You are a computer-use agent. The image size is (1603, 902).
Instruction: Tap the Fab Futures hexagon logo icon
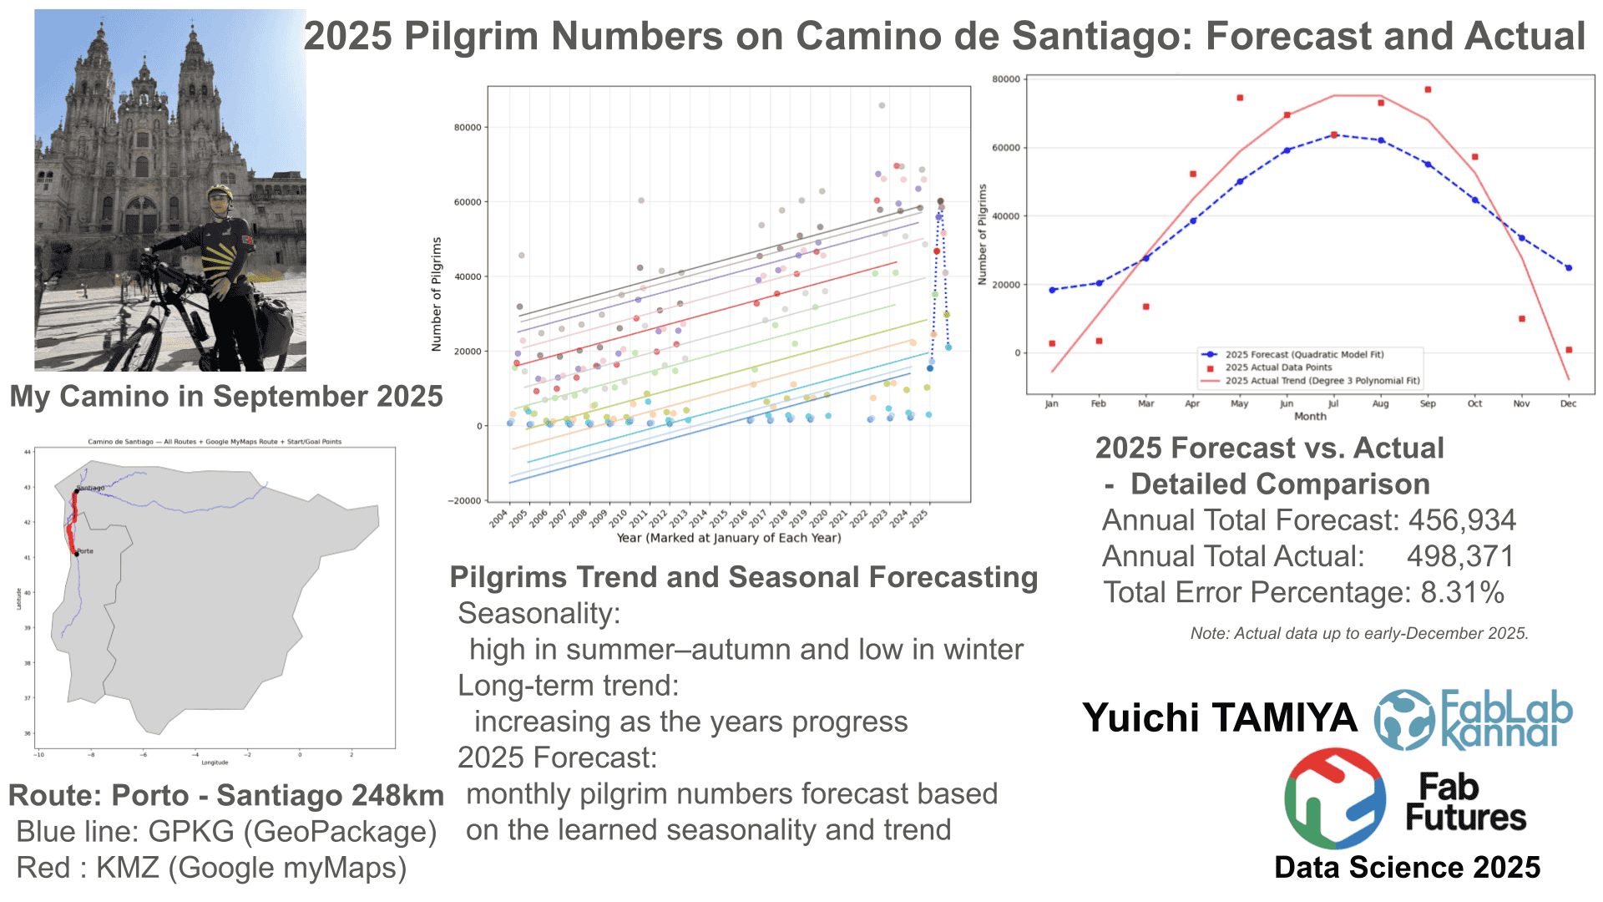pos(1335,798)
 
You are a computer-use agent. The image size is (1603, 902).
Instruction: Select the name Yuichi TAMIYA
pos(1219,718)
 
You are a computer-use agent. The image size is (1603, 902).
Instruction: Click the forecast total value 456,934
pos(1462,520)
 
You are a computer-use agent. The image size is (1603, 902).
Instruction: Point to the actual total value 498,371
pos(1460,556)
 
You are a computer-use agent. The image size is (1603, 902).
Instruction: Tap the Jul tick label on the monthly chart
pos(1333,404)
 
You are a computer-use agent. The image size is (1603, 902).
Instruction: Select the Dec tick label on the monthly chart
pos(1568,404)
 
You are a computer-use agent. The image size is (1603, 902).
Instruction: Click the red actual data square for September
pos(1428,89)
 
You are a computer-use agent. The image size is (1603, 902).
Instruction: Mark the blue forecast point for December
pos(1569,268)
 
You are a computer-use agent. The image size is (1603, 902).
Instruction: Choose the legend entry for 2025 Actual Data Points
pos(1278,367)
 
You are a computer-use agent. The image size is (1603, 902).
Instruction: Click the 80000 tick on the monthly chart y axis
pos(1006,79)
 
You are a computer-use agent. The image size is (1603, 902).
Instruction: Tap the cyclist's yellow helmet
pos(220,192)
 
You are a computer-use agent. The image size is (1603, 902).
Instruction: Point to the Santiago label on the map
pos(91,488)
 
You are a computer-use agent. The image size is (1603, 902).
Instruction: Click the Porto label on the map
pos(85,551)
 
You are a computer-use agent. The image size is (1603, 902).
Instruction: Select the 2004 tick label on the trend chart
pos(499,519)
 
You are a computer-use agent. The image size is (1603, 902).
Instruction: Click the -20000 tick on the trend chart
pos(465,501)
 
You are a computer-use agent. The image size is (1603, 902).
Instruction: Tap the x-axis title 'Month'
pos(1310,417)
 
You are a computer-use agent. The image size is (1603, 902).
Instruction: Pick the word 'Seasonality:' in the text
pos(539,614)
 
